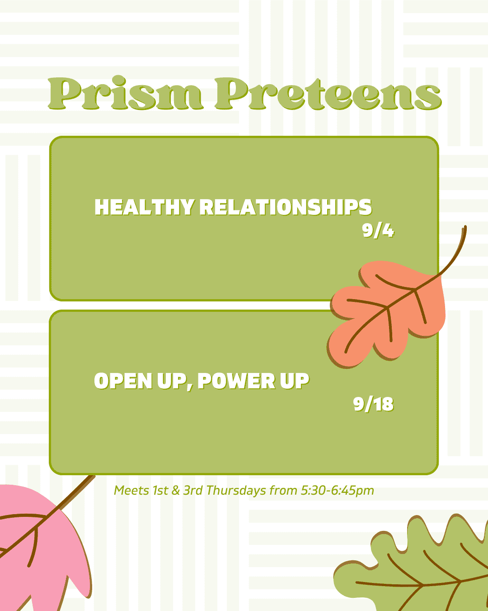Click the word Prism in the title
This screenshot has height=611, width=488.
pos(126,93)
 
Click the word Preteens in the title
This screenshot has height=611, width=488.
pos(328,93)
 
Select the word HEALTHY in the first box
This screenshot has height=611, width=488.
pos(145,207)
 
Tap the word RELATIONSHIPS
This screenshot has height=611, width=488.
pos(286,207)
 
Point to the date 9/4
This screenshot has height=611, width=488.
pos(378,230)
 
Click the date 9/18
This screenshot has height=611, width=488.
pos(373,404)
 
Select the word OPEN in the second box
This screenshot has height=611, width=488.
pos(123,381)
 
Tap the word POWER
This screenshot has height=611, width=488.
pos(236,381)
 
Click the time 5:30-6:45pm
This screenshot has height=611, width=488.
pos(337,491)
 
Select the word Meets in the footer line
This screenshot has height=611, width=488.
pos(131,490)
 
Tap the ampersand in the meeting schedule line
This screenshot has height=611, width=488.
pos(176,491)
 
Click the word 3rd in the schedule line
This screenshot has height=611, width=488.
pos(193,490)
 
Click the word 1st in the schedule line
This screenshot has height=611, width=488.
pos(160,490)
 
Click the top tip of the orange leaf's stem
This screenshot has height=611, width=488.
pos(465,227)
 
